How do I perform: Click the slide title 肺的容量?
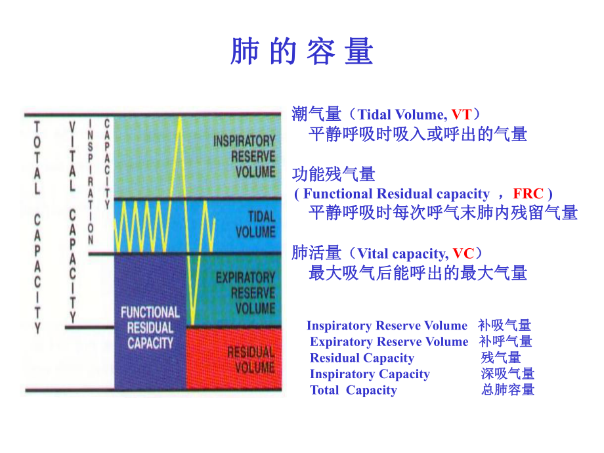tap(301, 51)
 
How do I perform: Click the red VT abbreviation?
tap(461, 115)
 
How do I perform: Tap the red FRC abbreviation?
tap(528, 194)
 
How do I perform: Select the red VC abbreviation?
tap(463, 253)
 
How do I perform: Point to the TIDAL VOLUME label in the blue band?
tap(254, 224)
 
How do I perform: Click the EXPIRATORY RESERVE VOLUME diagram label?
tap(245, 292)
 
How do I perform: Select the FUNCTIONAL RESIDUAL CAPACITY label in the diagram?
tap(150, 327)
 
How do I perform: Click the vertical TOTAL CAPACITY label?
tap(37, 226)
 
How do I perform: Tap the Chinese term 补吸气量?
tap(504, 326)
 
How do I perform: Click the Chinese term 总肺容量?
tap(507, 390)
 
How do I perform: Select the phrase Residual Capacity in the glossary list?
tap(362, 358)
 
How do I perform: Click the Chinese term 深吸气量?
tap(507, 374)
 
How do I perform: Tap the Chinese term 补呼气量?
tap(506, 341)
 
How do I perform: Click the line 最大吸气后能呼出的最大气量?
tap(418, 272)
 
